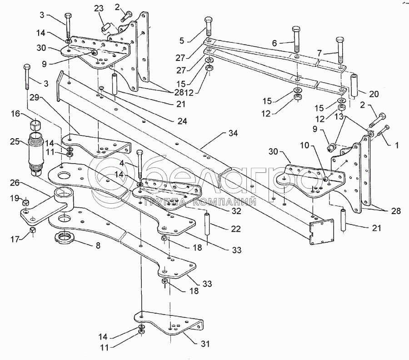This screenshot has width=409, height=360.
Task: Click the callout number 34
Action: coord(233,133)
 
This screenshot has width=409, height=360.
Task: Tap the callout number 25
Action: coord(15,142)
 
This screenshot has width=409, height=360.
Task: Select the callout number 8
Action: coord(98,245)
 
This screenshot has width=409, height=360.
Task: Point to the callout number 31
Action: coord(205,344)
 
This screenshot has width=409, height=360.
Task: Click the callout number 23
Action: coord(99,9)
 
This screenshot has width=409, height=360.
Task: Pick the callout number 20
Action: coord(374,94)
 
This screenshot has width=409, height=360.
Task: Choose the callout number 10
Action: coord(304,145)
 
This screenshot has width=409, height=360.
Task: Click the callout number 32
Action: coord(236,211)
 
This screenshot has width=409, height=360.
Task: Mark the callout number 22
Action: coord(236,229)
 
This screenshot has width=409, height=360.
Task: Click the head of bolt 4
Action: coord(140,153)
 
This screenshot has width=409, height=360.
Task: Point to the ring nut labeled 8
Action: coord(65,237)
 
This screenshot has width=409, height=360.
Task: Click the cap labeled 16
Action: coord(34,125)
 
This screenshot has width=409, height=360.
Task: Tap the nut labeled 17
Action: coord(33,230)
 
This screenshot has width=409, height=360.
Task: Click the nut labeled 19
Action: coord(25,203)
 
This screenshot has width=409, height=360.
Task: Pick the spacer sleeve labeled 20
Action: coord(353,85)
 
